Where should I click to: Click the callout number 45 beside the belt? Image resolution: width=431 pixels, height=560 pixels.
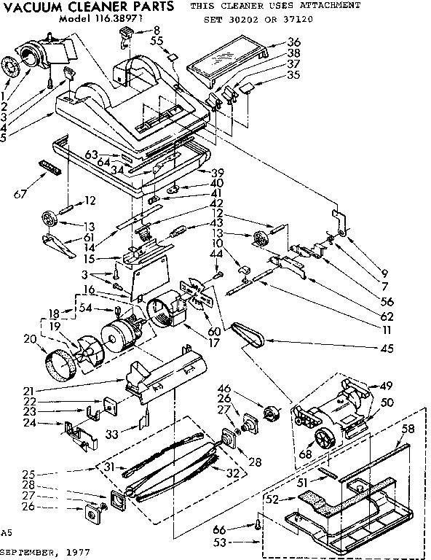[387, 349]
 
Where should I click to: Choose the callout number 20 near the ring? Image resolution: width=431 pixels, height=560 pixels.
[29, 338]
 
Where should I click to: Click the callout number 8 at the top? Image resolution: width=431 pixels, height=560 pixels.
[156, 30]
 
